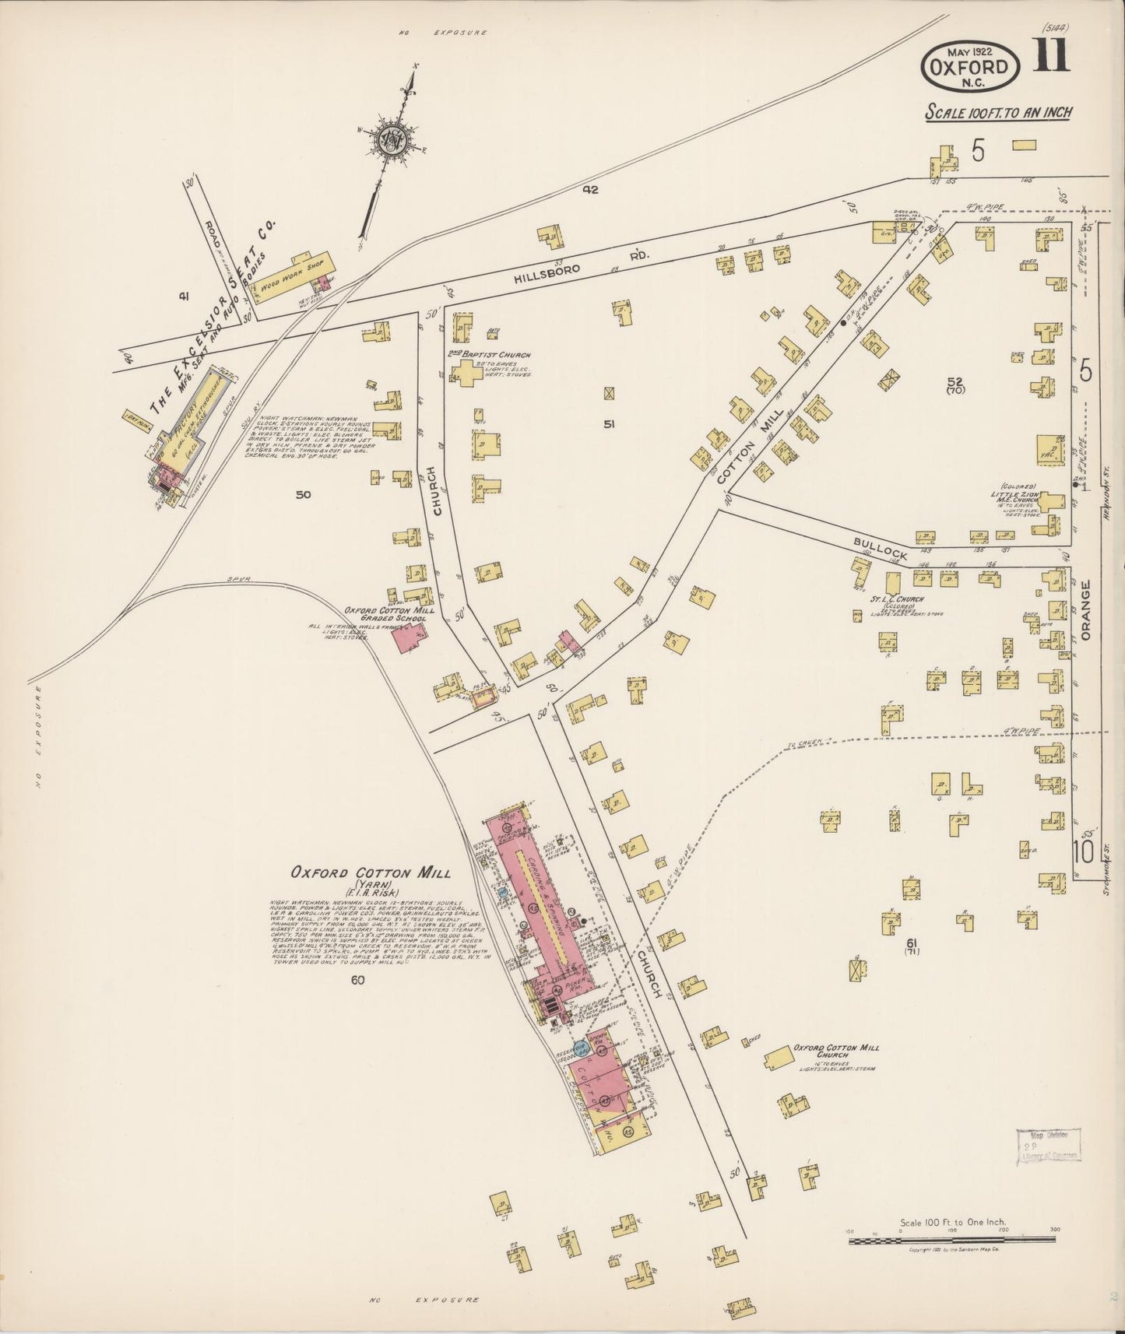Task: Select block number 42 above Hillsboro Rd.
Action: click(x=589, y=189)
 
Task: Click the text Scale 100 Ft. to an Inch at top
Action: click(x=998, y=112)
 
